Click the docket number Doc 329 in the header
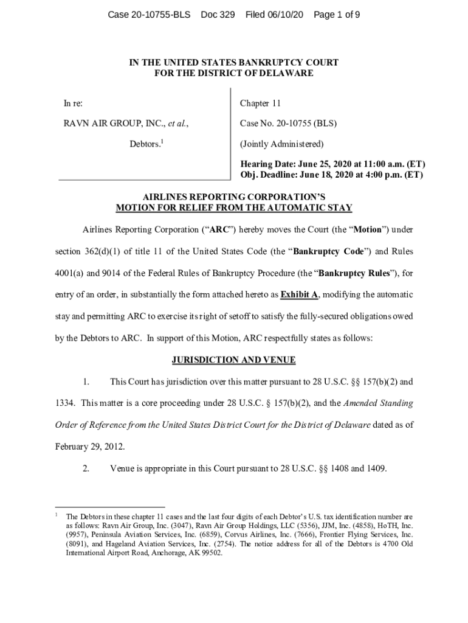tap(218, 14)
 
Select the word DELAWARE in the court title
tap(286, 73)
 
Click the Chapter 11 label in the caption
tap(260, 103)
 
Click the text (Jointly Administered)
tap(281, 144)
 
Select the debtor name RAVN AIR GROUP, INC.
tap(114, 124)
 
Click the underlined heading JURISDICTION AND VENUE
tap(233, 360)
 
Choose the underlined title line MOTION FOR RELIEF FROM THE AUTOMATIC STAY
tap(233, 207)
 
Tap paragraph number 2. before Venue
tap(87, 468)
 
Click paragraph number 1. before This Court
tap(87, 382)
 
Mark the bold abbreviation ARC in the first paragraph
tap(215, 230)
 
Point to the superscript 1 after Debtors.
tap(161, 142)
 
